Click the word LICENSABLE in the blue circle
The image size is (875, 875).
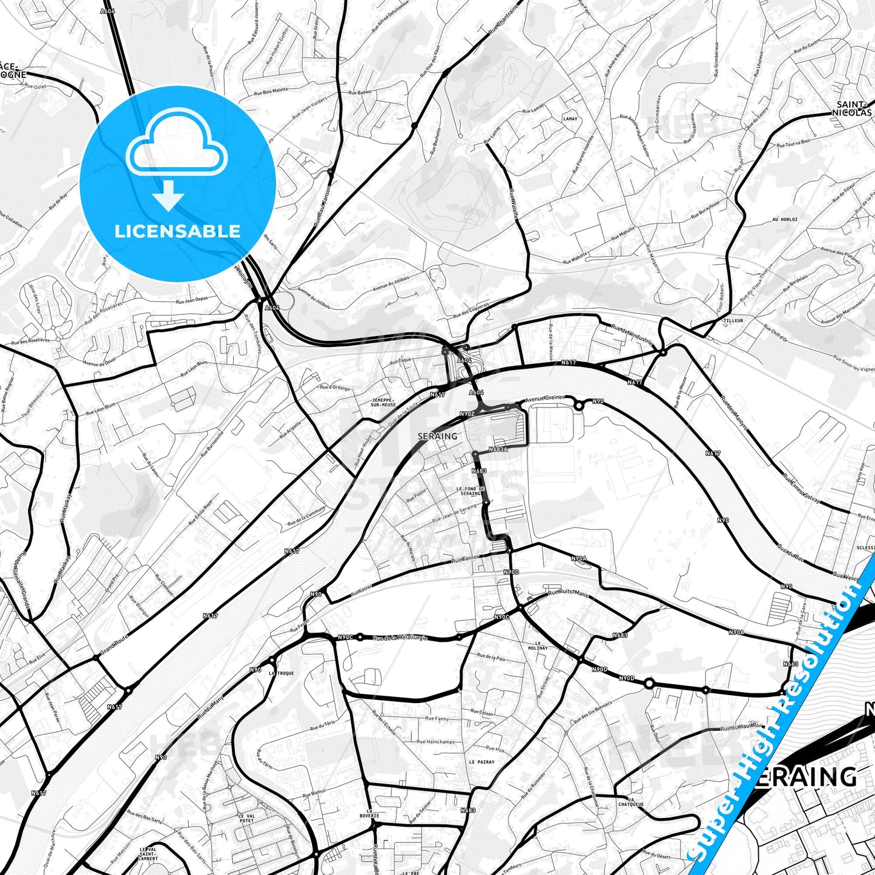coord(177,231)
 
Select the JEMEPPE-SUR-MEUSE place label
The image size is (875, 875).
coord(383,403)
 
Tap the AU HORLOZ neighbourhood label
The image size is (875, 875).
coord(785,219)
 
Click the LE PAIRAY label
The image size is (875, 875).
coord(481,762)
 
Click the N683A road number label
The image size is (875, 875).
coord(498,450)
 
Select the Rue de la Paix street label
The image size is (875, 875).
coord(491,656)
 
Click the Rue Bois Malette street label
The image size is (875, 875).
coord(271,91)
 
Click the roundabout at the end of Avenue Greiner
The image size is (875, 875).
coord(579,406)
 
